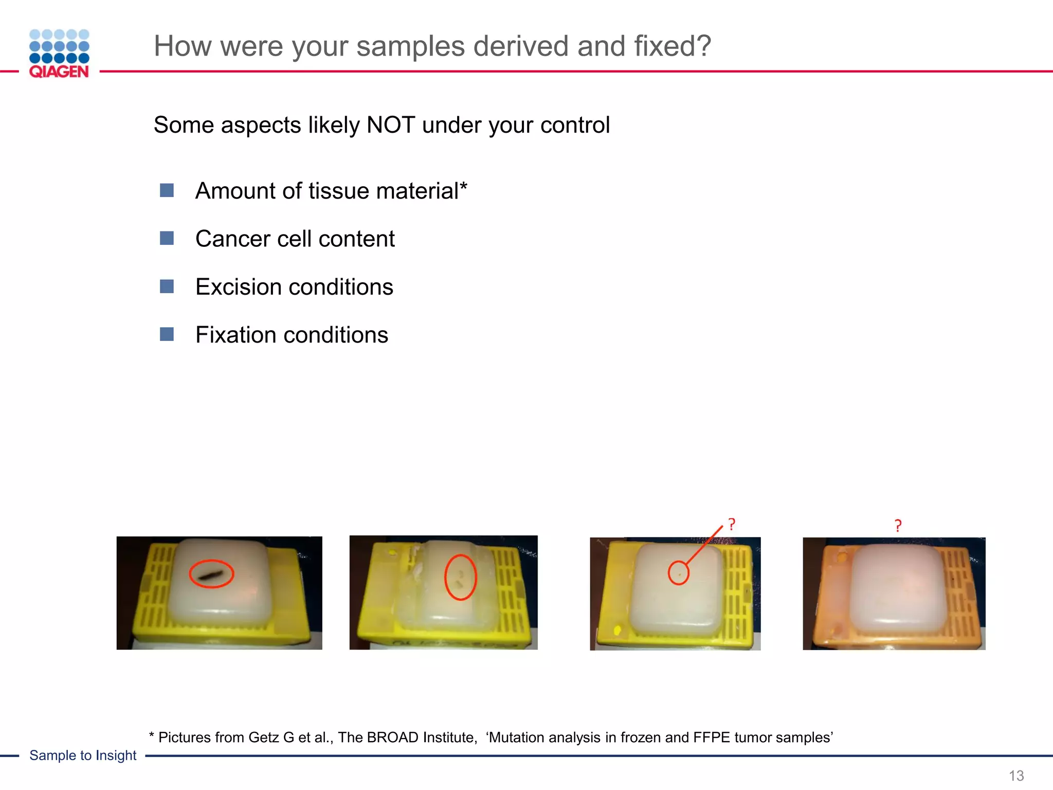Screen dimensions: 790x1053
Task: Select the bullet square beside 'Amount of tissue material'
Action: click(167, 191)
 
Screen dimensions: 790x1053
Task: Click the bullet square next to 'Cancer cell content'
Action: click(167, 239)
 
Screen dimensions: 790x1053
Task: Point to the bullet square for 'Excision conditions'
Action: click(167, 286)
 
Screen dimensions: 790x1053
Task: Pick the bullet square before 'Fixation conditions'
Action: click(167, 335)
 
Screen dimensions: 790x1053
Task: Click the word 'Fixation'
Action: click(237, 335)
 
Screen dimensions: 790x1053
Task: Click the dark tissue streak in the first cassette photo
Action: click(211, 574)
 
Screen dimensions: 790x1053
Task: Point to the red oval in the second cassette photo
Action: click(460, 577)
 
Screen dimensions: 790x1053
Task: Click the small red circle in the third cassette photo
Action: click(678, 573)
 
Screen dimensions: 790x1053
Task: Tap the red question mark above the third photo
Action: click(732, 525)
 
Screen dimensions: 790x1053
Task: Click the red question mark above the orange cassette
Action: click(898, 526)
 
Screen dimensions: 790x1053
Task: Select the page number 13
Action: click(1016, 776)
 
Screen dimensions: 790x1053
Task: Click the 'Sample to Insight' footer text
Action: click(83, 756)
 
